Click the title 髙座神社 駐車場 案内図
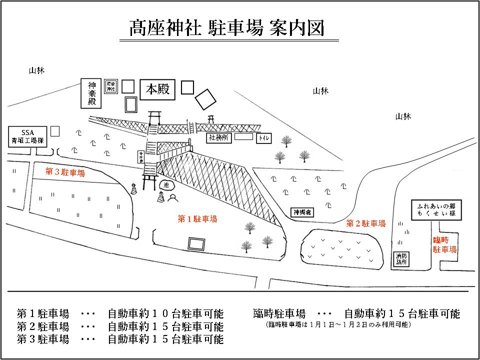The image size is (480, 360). [227, 28]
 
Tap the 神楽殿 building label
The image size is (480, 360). [91, 93]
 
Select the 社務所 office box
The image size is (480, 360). [219, 137]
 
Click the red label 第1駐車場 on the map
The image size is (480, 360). [197, 218]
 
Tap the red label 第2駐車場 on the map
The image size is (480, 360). [366, 223]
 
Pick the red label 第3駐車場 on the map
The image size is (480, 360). [65, 172]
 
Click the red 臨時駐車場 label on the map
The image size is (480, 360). [444, 244]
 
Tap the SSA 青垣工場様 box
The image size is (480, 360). [27, 135]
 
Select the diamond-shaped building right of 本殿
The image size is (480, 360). [205, 98]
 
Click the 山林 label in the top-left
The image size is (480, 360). [36, 70]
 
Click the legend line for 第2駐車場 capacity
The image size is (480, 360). [120, 327]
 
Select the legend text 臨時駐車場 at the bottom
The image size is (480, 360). [279, 314]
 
